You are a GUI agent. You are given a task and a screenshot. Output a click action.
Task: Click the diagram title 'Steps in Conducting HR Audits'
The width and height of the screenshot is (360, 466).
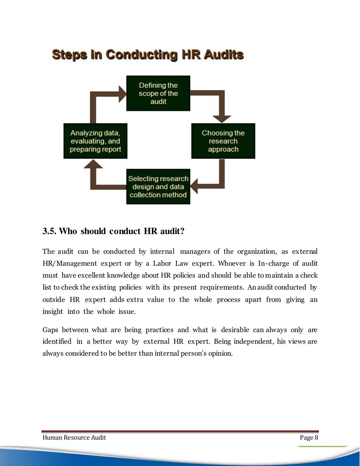(x=148, y=55)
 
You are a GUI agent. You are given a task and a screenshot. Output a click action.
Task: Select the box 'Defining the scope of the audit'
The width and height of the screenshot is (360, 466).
(x=158, y=93)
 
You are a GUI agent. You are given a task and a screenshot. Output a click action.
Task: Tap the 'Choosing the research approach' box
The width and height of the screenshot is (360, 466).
(x=223, y=141)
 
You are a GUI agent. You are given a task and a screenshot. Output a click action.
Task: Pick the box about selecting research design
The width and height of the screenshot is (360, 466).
(x=158, y=187)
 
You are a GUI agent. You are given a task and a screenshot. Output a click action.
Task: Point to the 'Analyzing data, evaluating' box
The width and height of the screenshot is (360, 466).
(x=95, y=141)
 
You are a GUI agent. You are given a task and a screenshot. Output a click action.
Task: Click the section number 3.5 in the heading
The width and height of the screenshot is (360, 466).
(x=49, y=231)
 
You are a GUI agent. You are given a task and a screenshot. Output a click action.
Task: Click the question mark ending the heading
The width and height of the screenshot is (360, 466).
(x=182, y=231)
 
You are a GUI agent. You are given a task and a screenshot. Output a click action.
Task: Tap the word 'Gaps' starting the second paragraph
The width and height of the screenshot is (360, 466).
(x=50, y=330)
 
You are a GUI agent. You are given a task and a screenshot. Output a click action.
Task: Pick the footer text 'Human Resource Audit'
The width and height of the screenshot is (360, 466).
(x=74, y=438)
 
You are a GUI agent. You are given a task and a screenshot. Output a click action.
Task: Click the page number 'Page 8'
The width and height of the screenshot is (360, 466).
(x=309, y=438)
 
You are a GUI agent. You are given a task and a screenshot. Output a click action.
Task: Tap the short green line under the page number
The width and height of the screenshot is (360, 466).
(x=322, y=446)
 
